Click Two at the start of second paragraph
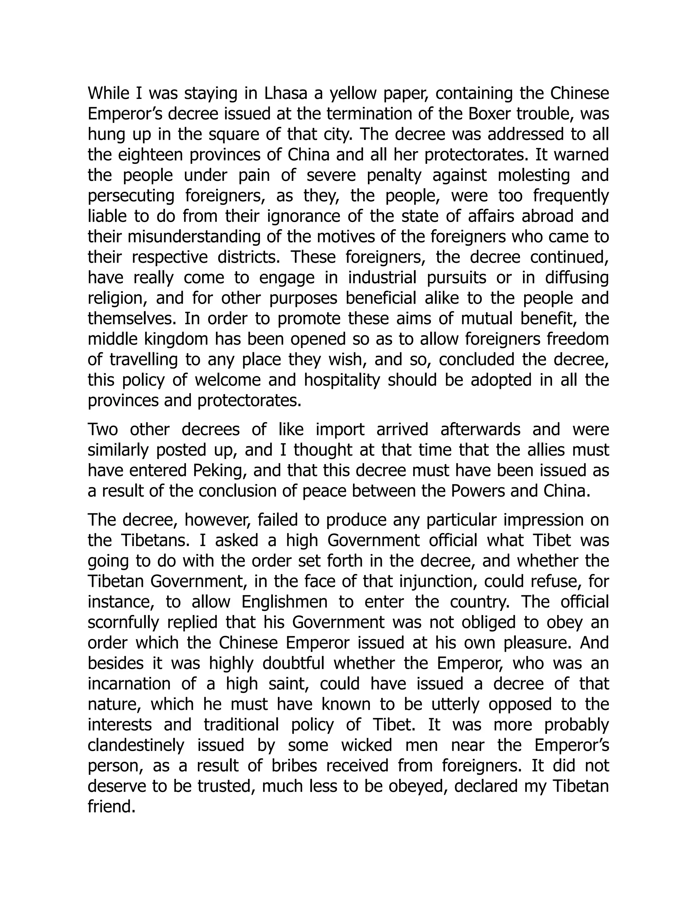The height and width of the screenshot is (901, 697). coord(103,430)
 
